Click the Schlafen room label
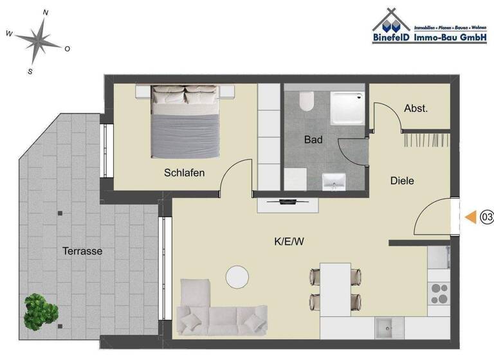[184, 173]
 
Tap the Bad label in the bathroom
[313, 139]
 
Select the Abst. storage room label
[416, 109]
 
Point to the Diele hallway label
[402, 181]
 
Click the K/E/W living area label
[289, 242]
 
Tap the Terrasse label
[82, 251]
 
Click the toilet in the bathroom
[306, 102]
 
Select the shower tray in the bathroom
[347, 109]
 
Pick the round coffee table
[237, 277]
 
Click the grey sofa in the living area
[221, 311]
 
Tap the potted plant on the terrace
[40, 312]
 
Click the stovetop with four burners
[439, 293]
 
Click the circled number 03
[486, 218]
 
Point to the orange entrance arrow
[471, 218]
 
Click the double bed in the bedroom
[185, 122]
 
